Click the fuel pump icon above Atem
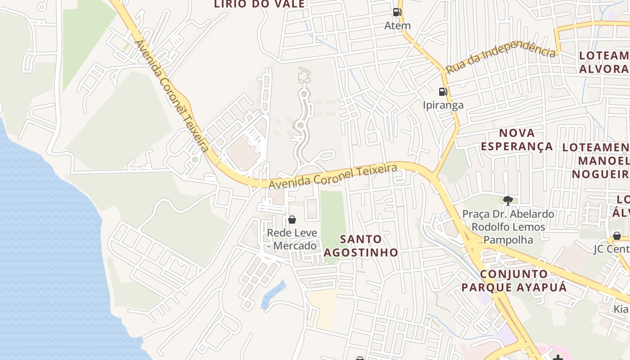[396, 12]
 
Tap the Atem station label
[397, 26]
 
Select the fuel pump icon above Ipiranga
[443, 92]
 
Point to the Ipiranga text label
[443, 105]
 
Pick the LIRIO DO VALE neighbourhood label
[259, 4]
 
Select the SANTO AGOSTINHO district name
[361, 246]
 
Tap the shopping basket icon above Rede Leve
[292, 220]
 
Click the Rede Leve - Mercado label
[292, 239]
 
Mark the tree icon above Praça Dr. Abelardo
[508, 200]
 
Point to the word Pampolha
[508, 240]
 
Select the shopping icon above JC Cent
[616, 236]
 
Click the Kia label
[621, 310]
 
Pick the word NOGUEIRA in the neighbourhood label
[601, 174]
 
